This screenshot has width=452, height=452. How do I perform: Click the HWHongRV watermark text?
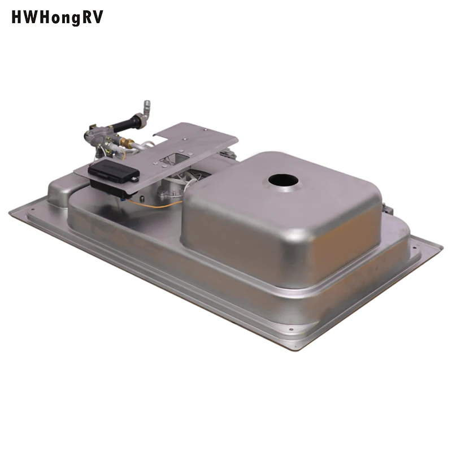coord(57,18)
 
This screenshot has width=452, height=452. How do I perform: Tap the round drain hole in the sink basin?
coord(282,181)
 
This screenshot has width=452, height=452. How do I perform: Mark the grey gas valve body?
coord(96,136)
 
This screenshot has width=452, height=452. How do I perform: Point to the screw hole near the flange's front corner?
coord(290,329)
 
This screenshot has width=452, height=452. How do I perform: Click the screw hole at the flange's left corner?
coord(32,208)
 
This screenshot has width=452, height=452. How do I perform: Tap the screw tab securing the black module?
coord(135,177)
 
